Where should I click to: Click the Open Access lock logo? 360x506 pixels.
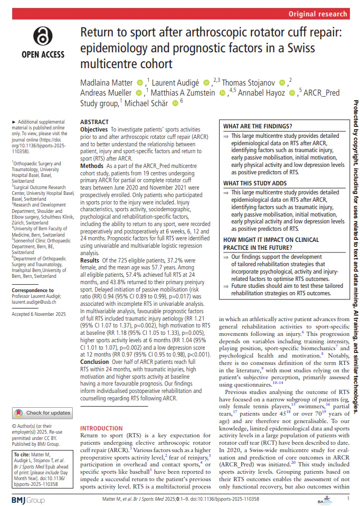pos(42,35)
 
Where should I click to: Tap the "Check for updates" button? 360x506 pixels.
pos(42,398)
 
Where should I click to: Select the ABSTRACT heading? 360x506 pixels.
pos(94,121)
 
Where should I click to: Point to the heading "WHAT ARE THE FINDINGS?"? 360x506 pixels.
pos(258,127)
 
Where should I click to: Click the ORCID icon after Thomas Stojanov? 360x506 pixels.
pos(282,83)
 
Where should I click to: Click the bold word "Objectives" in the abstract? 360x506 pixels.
pos(94,129)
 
